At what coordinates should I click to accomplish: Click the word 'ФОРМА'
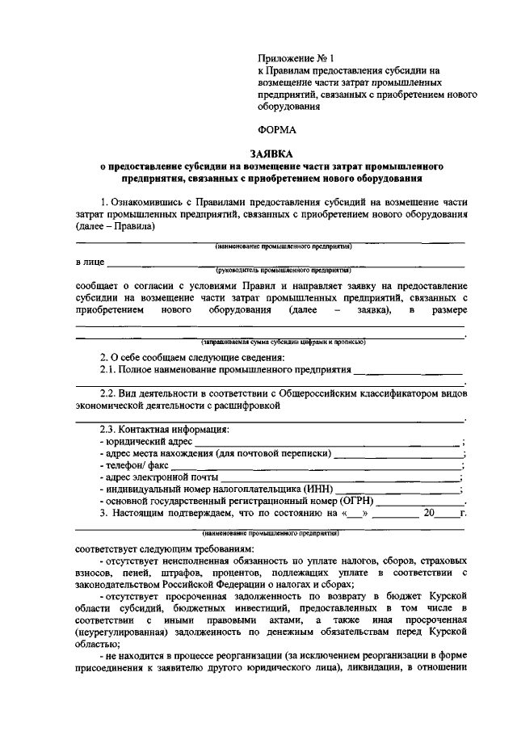pos(277,128)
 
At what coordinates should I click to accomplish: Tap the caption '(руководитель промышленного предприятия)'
pos(282,271)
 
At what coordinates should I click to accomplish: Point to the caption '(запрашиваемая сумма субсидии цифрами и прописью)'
pos(274,342)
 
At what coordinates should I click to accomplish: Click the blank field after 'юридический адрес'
pos(323,443)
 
